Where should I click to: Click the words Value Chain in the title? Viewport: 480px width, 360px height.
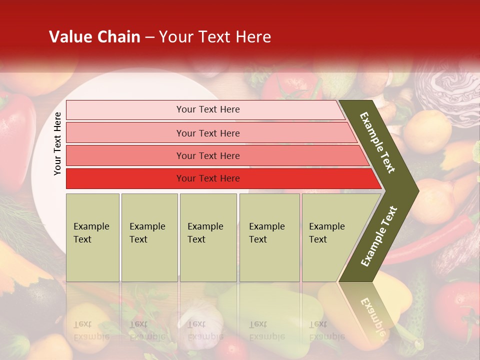[94, 37]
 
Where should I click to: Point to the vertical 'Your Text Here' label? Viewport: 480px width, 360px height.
[57, 143]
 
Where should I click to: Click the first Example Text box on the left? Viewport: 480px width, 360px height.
[92, 237]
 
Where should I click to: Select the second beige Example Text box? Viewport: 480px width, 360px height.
[149, 237]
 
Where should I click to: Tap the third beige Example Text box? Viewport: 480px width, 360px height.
[208, 237]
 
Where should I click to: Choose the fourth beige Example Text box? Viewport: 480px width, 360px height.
[269, 237]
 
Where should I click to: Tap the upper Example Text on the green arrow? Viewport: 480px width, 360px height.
[377, 142]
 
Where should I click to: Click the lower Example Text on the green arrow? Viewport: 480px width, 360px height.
[379, 236]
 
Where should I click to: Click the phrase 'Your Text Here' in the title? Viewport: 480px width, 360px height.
[215, 37]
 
